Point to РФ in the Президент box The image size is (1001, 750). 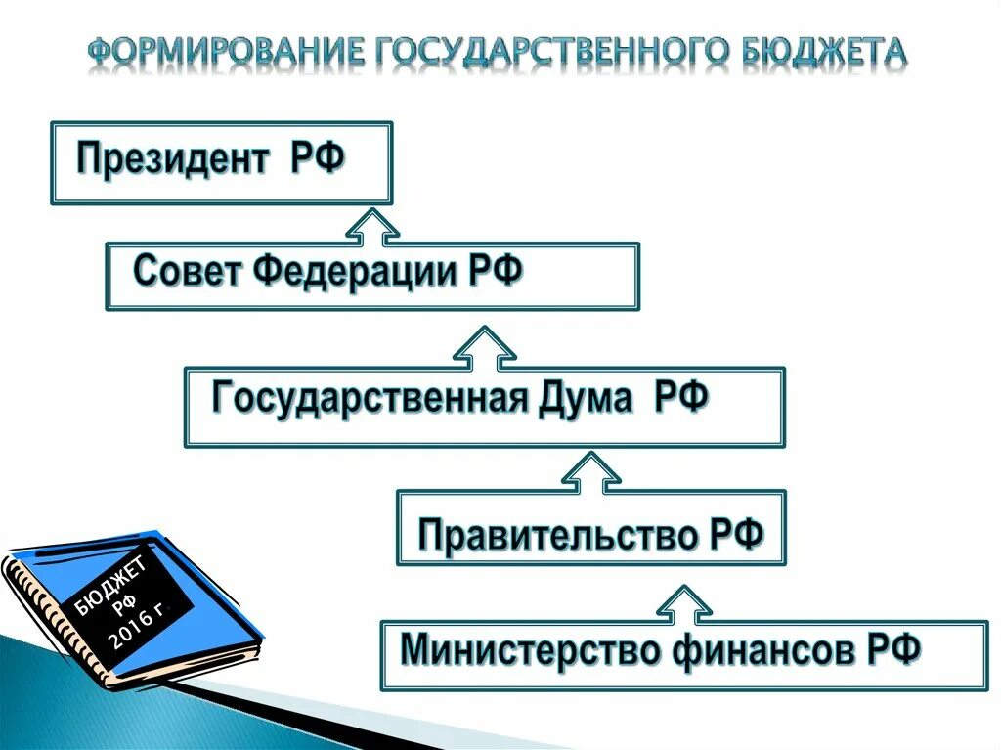pos(317,158)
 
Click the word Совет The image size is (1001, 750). pos(188,270)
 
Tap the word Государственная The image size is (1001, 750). pos(370,399)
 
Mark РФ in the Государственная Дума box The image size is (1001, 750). pos(680,399)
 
